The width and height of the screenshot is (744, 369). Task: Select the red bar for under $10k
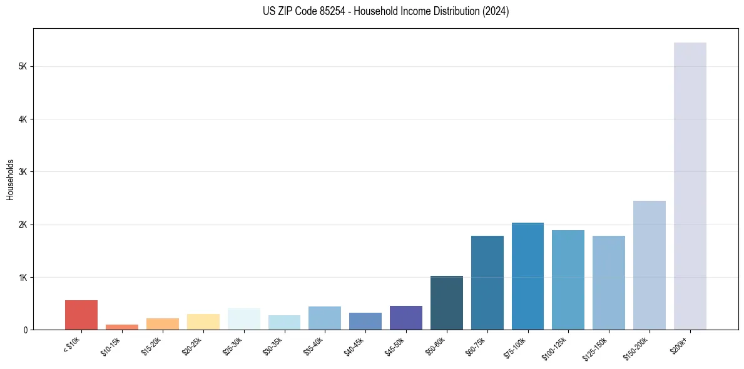point(81,315)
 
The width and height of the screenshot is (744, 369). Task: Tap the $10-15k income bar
point(122,326)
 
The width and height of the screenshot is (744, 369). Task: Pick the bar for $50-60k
point(447,303)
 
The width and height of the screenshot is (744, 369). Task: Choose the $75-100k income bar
point(527,276)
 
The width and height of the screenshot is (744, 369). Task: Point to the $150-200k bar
point(650,265)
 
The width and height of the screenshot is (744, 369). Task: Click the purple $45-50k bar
point(406,318)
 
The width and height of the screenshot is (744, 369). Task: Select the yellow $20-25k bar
point(203,321)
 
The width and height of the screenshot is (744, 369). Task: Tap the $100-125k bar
point(568,280)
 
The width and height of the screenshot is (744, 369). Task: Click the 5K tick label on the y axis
point(22,66)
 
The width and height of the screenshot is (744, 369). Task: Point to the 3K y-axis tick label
point(22,172)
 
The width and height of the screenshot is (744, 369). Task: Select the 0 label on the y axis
point(24,330)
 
